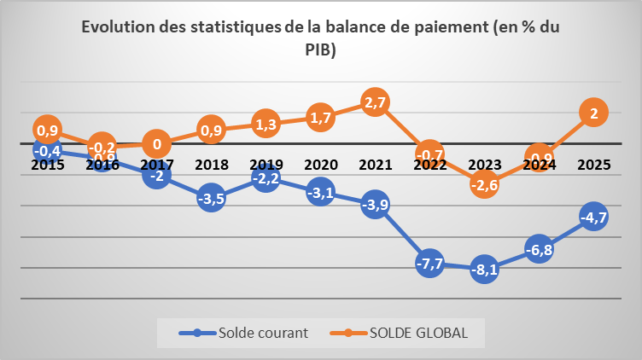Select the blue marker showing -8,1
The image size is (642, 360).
click(484, 269)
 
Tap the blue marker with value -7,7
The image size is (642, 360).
click(429, 263)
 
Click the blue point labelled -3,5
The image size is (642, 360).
click(211, 199)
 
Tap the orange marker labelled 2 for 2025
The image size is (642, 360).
click(593, 113)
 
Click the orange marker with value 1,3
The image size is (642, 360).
click(266, 124)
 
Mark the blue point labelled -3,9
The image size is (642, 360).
click(375, 205)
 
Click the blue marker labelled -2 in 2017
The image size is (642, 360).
click(156, 176)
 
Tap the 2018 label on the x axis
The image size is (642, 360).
click(211, 164)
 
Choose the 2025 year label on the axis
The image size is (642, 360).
click(593, 164)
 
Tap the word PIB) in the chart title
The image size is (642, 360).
click(320, 50)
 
